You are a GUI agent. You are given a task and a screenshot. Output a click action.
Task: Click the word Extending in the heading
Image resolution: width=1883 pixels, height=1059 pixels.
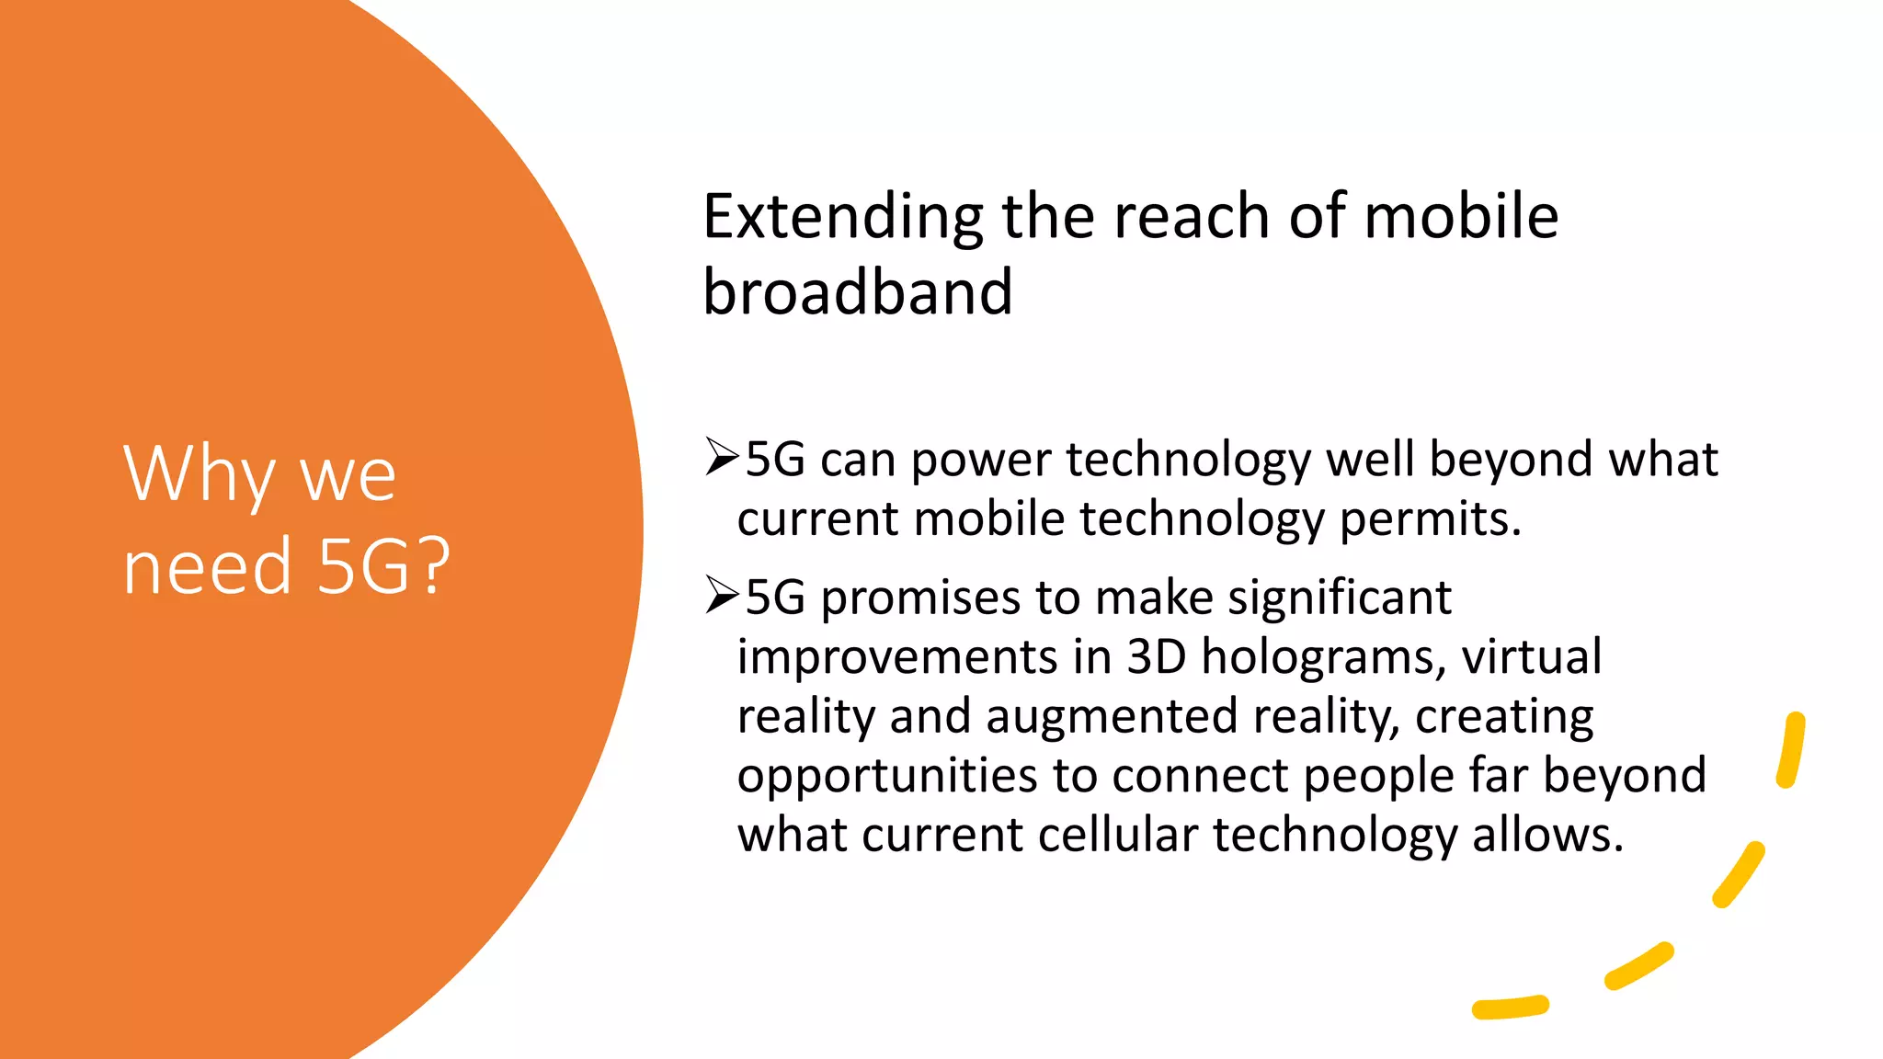pyautogui.click(x=842, y=218)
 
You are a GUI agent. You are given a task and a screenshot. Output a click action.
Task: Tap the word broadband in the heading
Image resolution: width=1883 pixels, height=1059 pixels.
pyautogui.click(x=857, y=292)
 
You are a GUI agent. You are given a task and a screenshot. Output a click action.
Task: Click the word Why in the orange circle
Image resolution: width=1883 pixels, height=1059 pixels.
pyautogui.click(x=199, y=475)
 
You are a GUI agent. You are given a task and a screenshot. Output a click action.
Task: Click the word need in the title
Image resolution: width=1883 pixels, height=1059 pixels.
pyautogui.click(x=207, y=566)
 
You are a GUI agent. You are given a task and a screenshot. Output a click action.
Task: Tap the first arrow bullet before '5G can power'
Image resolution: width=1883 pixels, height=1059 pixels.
pyautogui.click(x=722, y=457)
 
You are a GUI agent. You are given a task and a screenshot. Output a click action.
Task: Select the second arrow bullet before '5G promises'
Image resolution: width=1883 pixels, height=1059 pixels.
pyautogui.click(x=722, y=596)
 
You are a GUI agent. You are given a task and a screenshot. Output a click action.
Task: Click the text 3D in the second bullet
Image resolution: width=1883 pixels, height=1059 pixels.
pyautogui.click(x=1156, y=657)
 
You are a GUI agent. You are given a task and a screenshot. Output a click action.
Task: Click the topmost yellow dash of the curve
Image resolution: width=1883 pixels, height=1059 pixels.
pyautogui.click(x=1791, y=750)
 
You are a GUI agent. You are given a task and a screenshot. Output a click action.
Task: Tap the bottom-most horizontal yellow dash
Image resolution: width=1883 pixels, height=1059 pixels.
pyautogui.click(x=1510, y=1008)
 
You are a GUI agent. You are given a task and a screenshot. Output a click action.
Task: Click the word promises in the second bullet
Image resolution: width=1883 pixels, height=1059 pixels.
pyautogui.click(x=920, y=598)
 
